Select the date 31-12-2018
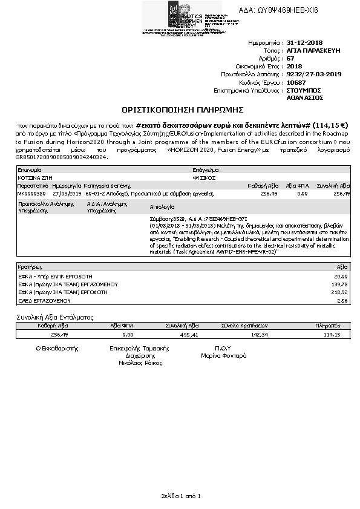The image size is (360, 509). coord(306,44)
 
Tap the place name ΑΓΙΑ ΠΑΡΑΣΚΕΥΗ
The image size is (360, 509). coord(313,51)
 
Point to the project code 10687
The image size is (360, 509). coord(296,82)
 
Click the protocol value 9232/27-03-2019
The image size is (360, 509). coord(314,74)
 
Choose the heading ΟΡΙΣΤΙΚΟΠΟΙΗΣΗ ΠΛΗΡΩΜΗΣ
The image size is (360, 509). coord(182,110)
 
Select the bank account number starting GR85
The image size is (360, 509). coord(62,157)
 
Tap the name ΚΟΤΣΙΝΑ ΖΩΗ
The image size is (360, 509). coord(33,179)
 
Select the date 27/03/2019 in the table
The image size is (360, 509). coord(67,193)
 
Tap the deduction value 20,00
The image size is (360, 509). coord(341,275)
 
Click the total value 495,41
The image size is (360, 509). coord(189,333)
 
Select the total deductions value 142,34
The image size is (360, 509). coord(258,333)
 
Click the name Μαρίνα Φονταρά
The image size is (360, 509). coord(223,356)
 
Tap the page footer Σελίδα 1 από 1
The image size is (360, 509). coord(180,496)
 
